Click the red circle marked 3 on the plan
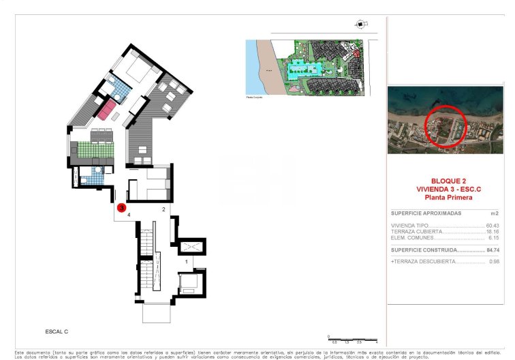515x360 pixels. tap(121, 207)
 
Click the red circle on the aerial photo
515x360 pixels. tap(446, 126)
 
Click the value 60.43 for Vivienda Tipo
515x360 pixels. tap(492, 226)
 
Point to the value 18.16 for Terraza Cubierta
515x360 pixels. tap(493, 232)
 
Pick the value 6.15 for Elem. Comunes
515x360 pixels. tap(494, 238)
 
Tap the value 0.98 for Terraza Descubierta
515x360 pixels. tap(495, 262)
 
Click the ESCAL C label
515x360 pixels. tap(57, 331)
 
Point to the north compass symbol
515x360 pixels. tap(359, 25)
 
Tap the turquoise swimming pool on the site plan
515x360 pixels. tap(300, 69)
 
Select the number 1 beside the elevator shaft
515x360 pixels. tap(187, 261)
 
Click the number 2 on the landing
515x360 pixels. tap(163, 209)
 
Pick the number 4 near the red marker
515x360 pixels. tap(129, 214)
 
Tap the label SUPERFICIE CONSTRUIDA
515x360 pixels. tap(419, 250)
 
